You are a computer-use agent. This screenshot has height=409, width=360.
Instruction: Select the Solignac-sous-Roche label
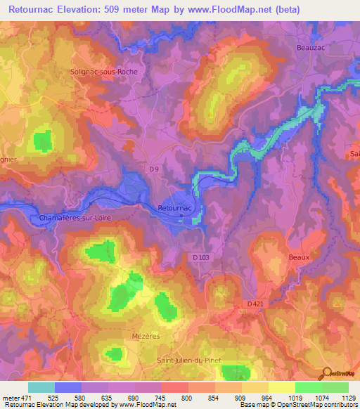tap(108, 72)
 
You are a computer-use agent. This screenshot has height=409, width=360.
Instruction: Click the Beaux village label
tap(299, 258)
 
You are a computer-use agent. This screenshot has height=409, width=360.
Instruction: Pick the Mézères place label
tap(146, 337)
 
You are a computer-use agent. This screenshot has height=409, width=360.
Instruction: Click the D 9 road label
tap(153, 169)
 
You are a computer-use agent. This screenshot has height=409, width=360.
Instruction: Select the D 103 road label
tap(202, 258)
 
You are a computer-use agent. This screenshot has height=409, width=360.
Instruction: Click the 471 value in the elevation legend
tap(25, 398)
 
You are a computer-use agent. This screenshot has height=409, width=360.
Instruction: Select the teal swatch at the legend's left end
tap(41, 387)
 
